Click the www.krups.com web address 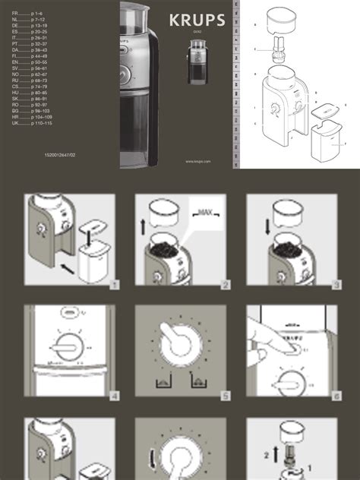(197, 161)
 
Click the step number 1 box (114, 285)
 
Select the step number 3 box (336, 285)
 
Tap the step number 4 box (114, 396)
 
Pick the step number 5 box (226, 396)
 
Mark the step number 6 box (336, 396)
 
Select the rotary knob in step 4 (69, 349)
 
